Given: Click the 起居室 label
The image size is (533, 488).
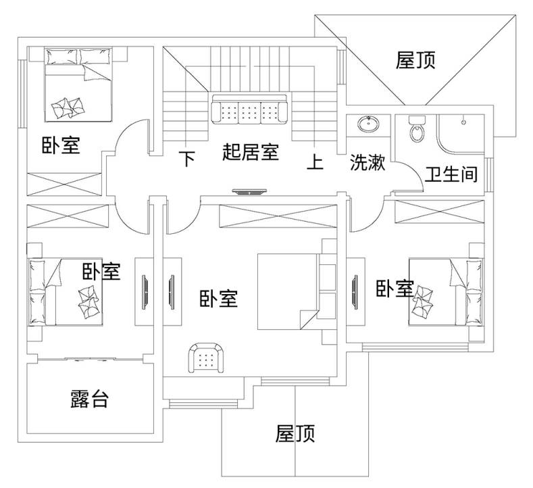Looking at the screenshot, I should [x=250, y=152].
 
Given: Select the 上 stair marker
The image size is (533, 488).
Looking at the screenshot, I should [x=315, y=162].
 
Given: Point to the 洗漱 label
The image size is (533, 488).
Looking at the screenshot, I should [x=367, y=163].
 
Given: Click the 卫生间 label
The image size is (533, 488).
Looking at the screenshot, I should [x=451, y=175].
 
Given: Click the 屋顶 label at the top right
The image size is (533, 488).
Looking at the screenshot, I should [x=415, y=61].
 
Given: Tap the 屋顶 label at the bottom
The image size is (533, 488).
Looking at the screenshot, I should [x=295, y=433].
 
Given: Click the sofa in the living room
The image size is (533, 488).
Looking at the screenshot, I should [x=250, y=109].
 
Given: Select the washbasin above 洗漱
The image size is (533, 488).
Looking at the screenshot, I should [x=368, y=124].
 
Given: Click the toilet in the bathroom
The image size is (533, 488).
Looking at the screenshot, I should [x=417, y=128].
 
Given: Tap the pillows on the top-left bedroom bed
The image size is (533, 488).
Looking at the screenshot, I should [x=70, y=105].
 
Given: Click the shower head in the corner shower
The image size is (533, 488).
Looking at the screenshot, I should [x=463, y=122].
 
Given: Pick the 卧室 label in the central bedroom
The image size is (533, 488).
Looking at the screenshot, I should [x=219, y=299].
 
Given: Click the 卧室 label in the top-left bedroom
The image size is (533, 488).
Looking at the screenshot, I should [x=61, y=145].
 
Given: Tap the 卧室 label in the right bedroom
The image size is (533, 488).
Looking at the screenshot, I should [x=395, y=289].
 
